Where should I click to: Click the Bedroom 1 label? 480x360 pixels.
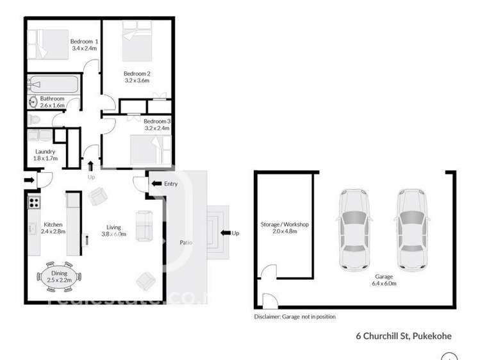click(83, 41)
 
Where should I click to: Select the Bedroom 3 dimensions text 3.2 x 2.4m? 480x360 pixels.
click(157, 129)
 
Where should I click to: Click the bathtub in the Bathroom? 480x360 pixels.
click(54, 84)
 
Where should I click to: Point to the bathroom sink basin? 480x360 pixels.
click(33, 101)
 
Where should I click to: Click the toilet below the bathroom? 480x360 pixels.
click(36, 120)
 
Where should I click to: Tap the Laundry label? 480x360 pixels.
click(46, 152)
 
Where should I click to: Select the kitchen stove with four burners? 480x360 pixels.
click(33, 202)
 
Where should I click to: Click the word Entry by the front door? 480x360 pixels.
click(170, 184)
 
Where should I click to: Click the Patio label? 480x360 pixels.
click(186, 243)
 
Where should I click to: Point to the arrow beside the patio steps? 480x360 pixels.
click(225, 233)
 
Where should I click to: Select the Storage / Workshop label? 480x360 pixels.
click(285, 225)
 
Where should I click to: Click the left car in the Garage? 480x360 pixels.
click(354, 228)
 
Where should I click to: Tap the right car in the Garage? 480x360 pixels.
click(411, 228)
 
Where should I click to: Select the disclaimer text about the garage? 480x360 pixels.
click(295, 316)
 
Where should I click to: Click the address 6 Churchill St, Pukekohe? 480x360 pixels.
click(404, 335)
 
